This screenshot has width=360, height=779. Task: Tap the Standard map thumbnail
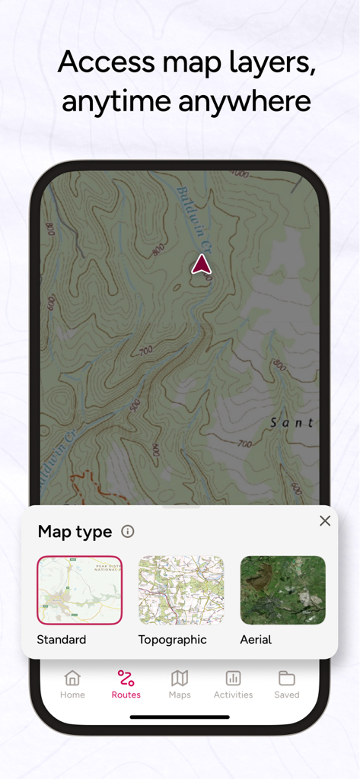(x=79, y=590)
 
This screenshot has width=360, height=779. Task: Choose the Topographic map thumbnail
(x=181, y=590)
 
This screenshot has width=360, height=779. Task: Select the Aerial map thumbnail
(x=282, y=590)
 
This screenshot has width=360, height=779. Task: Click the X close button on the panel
(x=325, y=521)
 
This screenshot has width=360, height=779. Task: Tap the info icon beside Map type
(x=128, y=532)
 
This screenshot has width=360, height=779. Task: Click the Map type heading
(x=75, y=532)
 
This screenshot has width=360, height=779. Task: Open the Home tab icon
(x=72, y=678)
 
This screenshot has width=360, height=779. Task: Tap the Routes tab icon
(x=126, y=678)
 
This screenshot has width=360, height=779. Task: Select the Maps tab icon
(x=180, y=678)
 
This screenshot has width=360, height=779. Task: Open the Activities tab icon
(x=233, y=678)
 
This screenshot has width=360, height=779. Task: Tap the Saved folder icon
(x=287, y=678)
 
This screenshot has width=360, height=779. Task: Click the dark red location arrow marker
(x=201, y=264)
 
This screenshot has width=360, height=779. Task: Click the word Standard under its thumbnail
(x=62, y=640)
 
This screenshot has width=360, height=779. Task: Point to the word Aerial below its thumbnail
(x=256, y=640)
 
